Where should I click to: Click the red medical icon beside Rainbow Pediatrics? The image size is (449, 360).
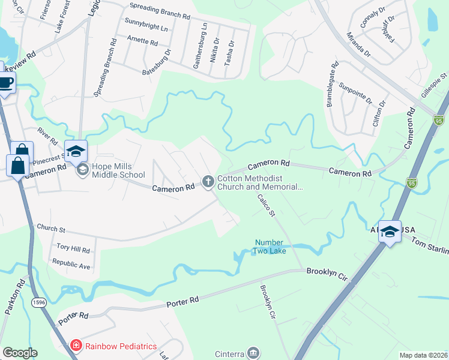[76, 346]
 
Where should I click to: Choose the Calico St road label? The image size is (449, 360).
[265, 205]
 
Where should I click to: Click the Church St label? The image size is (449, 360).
[50, 228]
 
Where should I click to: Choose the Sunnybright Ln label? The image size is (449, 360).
[146, 28]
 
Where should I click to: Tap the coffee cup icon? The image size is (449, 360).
[6, 83]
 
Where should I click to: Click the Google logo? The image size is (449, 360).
[19, 353]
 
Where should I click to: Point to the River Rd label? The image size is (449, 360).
[47, 136]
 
